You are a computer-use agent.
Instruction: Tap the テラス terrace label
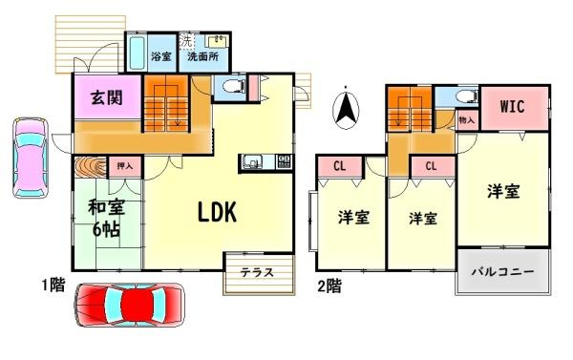pyautogui.click(x=256, y=272)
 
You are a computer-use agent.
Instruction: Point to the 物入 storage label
pyautogui.click(x=467, y=121)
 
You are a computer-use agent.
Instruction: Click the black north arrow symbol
pyautogui.click(x=345, y=107)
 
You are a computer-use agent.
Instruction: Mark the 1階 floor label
pyautogui.click(x=53, y=285)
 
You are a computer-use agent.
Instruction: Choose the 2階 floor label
pyautogui.click(x=329, y=285)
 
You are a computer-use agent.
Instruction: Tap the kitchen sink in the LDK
pyautogui.click(x=254, y=161)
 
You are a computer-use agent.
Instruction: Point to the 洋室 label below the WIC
pyautogui.click(x=503, y=191)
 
